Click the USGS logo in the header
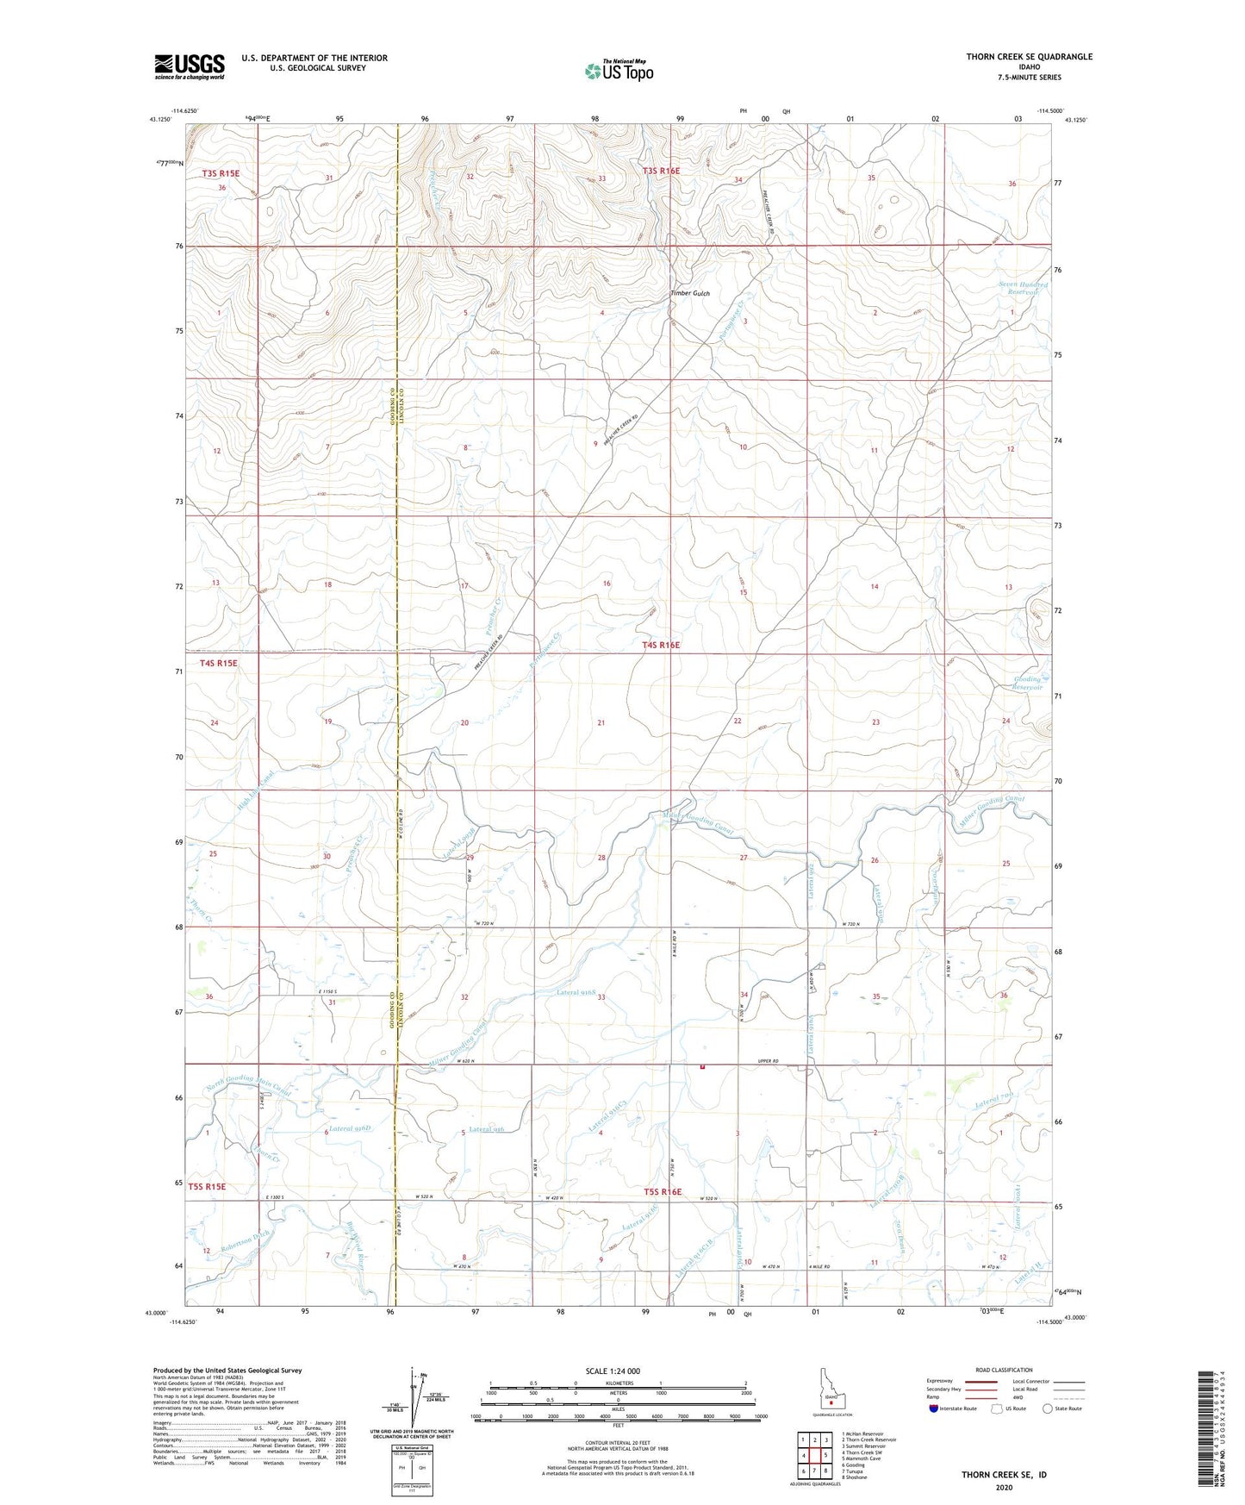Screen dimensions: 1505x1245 pos(190,66)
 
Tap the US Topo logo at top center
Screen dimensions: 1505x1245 pos(619,71)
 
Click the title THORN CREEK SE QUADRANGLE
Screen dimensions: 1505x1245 pos(1029,57)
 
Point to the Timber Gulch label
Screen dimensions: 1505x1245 pos(690,294)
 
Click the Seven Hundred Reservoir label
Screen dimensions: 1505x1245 pos(1024,288)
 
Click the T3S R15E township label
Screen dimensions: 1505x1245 pos(221,173)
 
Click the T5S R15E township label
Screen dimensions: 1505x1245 pos(207,1186)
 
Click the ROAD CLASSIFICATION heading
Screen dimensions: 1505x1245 pos(1003,1370)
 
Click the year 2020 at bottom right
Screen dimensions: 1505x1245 pos(1003,1488)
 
